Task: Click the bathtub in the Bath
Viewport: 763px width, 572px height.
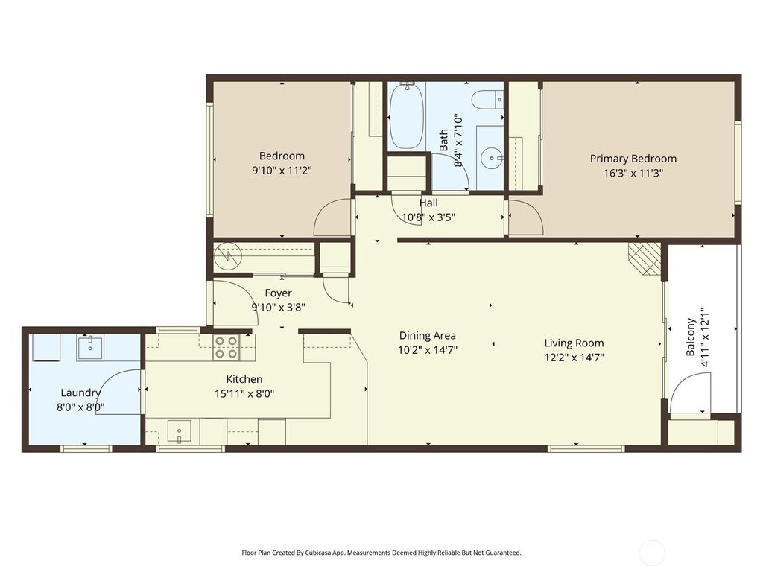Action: click(406, 117)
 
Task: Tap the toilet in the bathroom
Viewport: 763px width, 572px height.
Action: click(489, 100)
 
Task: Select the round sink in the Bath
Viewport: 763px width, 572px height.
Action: click(490, 157)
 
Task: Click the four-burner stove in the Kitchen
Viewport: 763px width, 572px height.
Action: click(226, 348)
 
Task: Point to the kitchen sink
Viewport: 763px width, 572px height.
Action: click(179, 430)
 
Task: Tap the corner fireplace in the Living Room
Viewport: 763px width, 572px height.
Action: click(644, 258)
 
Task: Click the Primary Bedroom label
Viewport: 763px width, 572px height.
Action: click(633, 159)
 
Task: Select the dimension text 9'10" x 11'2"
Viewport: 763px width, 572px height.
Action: click(282, 170)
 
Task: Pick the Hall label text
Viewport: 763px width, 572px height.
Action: click(428, 203)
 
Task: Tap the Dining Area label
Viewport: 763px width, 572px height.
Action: click(428, 335)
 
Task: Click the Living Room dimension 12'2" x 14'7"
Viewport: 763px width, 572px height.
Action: click(574, 357)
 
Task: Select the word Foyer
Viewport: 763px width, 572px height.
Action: click(279, 293)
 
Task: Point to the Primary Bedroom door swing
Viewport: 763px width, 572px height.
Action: click(526, 219)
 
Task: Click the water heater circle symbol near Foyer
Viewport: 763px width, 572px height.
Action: click(227, 258)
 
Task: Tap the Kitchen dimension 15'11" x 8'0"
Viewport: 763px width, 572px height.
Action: click(244, 393)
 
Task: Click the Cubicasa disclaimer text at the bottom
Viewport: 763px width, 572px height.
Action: click(381, 553)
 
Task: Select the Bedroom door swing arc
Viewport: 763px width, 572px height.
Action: click(332, 218)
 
